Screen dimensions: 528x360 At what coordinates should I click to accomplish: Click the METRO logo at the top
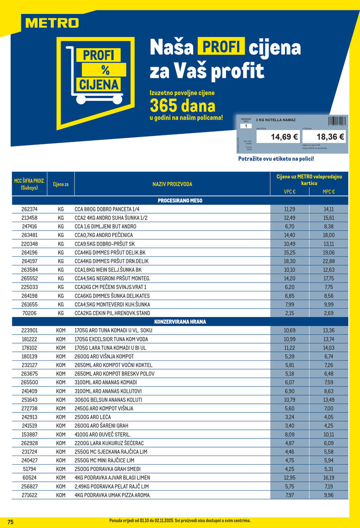pyautogui.click(x=52, y=22)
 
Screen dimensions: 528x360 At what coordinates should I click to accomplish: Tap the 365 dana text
pyautogui.click(x=182, y=106)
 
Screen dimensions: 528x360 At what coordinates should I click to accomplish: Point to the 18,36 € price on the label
pyautogui.click(x=330, y=136)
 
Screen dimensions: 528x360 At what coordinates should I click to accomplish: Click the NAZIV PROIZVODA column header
pyautogui.click(x=172, y=184)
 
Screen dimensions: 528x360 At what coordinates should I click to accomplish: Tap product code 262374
pyautogui.click(x=30, y=210)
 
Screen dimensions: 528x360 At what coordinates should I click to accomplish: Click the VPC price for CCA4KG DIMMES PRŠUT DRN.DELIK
pyautogui.click(x=289, y=261)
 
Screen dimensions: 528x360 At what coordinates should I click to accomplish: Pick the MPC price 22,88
pyautogui.click(x=329, y=261)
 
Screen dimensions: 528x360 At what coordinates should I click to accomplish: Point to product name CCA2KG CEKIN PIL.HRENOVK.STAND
pyautogui.click(x=112, y=313)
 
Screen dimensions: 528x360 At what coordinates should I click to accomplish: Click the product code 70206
pyautogui.click(x=30, y=313)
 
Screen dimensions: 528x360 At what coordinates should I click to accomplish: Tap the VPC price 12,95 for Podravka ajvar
pyautogui.click(x=289, y=477)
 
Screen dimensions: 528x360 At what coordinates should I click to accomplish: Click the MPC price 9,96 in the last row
pyautogui.click(x=329, y=495)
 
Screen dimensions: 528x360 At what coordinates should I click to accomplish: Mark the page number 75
pyautogui.click(x=10, y=522)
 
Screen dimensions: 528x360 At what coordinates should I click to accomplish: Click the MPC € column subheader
pyautogui.click(x=329, y=192)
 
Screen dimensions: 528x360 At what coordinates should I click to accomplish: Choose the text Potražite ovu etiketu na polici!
pyautogui.click(x=276, y=159)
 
